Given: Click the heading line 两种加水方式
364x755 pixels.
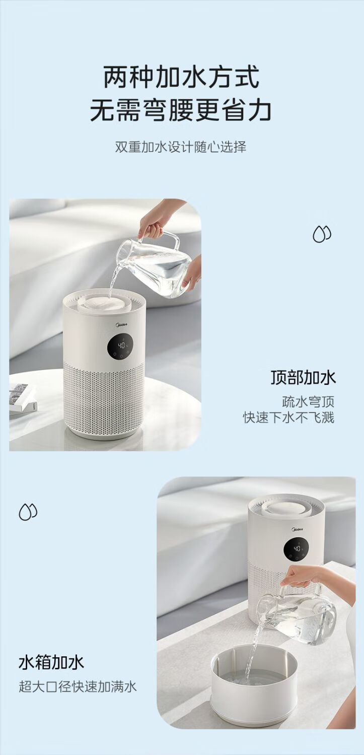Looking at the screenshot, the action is point(182,77).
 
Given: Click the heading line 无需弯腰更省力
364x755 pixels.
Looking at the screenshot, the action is point(181,110).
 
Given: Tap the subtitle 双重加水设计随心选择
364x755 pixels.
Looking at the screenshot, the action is point(181,147).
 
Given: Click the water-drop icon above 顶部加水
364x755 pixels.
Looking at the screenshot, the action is point(322,234).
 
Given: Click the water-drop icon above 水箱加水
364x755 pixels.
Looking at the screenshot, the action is point(28,512).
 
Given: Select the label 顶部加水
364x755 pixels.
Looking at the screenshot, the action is point(303,378).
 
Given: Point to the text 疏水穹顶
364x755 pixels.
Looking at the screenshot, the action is point(308,402).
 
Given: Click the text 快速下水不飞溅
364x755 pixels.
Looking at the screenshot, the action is point(289,418).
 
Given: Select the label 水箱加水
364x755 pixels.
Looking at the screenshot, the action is point(51,662).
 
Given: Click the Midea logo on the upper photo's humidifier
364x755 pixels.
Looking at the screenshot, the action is point(122,325).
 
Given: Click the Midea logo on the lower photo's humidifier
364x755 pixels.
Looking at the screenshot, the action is point(297,529).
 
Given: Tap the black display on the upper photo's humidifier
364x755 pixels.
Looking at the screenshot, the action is point(120,347).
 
